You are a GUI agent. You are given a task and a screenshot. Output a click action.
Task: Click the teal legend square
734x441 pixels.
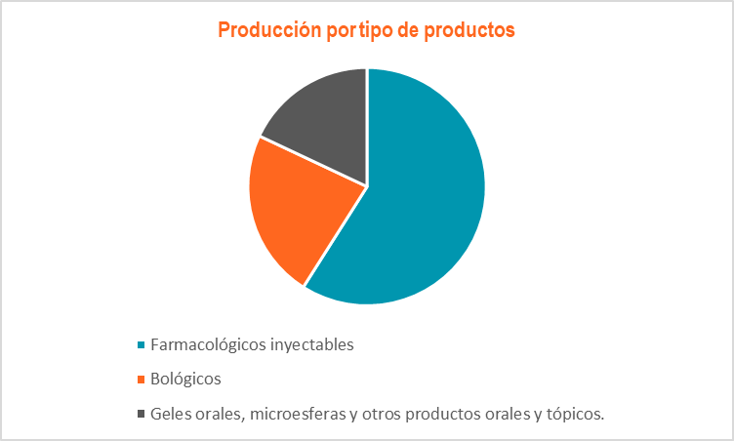(x=141, y=345)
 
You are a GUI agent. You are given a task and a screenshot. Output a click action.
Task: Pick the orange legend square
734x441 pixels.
(x=141, y=380)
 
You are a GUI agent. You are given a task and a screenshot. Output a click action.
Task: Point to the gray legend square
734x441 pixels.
(x=141, y=414)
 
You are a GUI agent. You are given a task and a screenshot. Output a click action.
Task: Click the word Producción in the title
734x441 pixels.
(x=269, y=29)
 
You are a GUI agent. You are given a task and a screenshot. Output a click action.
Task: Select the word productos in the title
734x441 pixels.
(x=469, y=30)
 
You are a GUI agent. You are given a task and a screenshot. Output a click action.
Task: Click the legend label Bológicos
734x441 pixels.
(x=185, y=380)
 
